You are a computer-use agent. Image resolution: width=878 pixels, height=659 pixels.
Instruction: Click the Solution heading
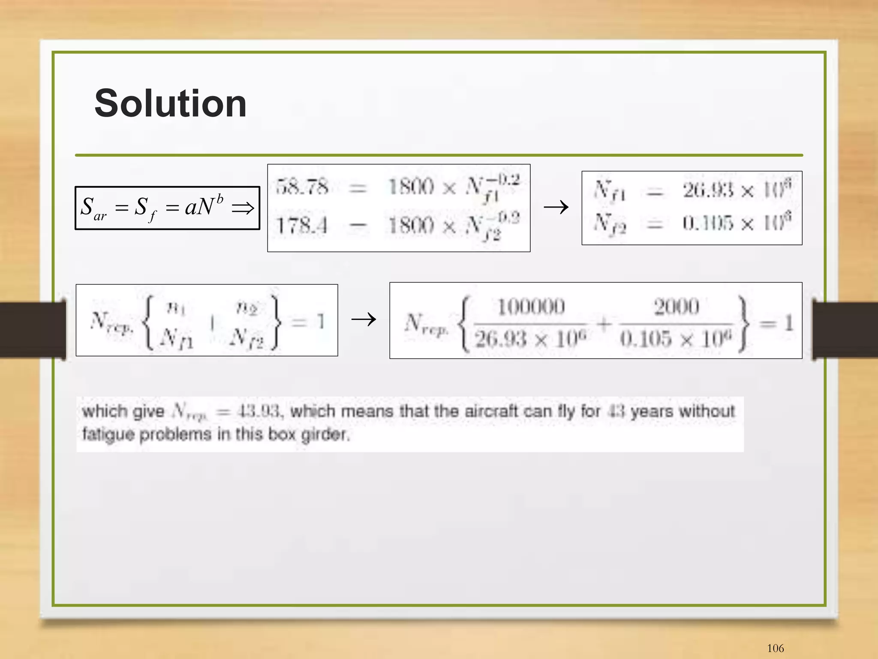170,103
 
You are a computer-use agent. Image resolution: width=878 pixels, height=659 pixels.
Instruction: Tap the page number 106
775,648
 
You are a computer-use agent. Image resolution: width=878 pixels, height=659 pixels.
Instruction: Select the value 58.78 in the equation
302,187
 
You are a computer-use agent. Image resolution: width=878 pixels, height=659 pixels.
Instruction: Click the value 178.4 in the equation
302,226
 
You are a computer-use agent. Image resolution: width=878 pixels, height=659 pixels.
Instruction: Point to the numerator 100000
531,307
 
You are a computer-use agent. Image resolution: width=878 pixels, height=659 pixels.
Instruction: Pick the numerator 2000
676,307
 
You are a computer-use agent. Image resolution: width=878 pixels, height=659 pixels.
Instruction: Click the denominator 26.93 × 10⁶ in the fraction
531,339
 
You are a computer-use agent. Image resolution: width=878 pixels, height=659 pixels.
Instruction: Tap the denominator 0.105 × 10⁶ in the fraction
676,339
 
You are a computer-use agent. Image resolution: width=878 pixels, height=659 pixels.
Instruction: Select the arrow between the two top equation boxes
556,208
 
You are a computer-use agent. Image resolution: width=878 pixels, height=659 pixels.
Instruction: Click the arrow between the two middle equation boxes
364,319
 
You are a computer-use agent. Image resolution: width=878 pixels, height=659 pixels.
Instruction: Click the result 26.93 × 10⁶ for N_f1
737,190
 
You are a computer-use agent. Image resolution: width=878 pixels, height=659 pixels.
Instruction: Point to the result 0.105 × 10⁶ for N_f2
737,223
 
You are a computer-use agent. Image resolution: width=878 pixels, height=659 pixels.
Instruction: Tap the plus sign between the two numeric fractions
603,323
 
